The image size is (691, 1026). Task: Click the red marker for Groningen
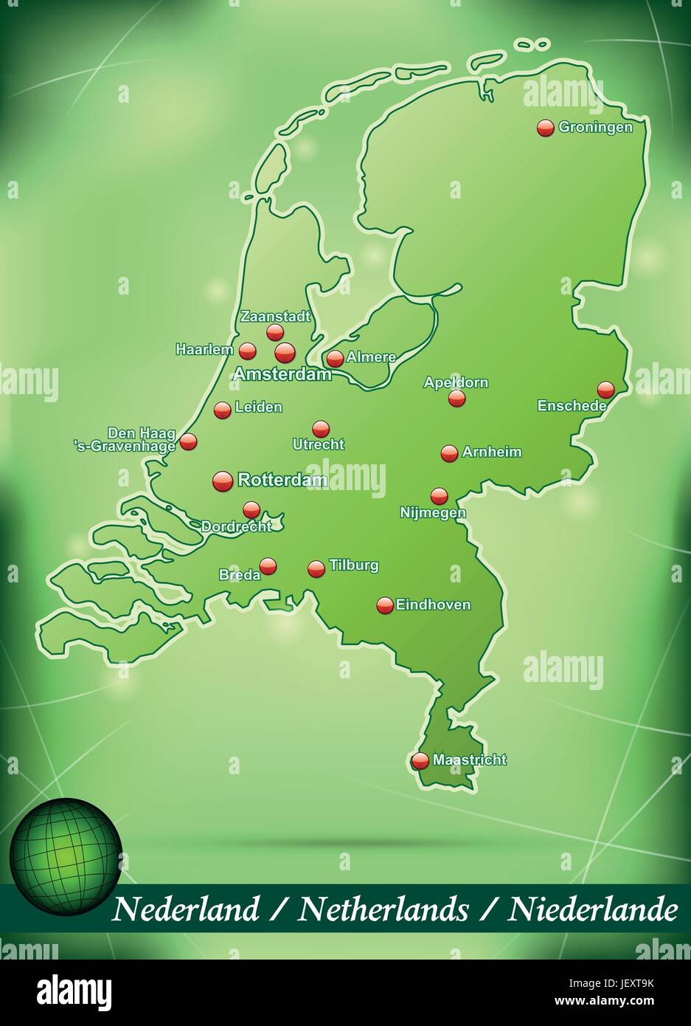pos(545,128)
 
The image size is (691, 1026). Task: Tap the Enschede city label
pos(572,405)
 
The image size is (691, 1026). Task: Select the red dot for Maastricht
pos(420,760)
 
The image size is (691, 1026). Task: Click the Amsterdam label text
pos(282,375)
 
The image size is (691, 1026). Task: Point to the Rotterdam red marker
pos(223,481)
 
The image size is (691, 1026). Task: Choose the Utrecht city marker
pos(321,429)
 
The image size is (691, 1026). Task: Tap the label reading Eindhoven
pos(433,605)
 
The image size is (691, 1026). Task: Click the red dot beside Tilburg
pos(316,568)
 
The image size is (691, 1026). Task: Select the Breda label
pos(240,574)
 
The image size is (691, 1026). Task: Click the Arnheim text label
pos(492,452)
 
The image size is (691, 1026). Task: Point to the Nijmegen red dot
pos(440,496)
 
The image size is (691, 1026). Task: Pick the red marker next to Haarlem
pos(248,351)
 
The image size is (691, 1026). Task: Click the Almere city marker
pos(335,359)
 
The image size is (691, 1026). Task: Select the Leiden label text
pos(258,407)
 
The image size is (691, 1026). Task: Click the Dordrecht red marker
pos(251,509)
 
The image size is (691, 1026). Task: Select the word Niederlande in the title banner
pos(592,909)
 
